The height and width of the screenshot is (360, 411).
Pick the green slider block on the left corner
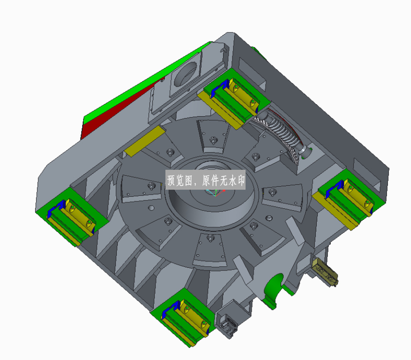tap(72, 215)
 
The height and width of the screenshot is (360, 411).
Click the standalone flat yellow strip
tap(145, 141)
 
